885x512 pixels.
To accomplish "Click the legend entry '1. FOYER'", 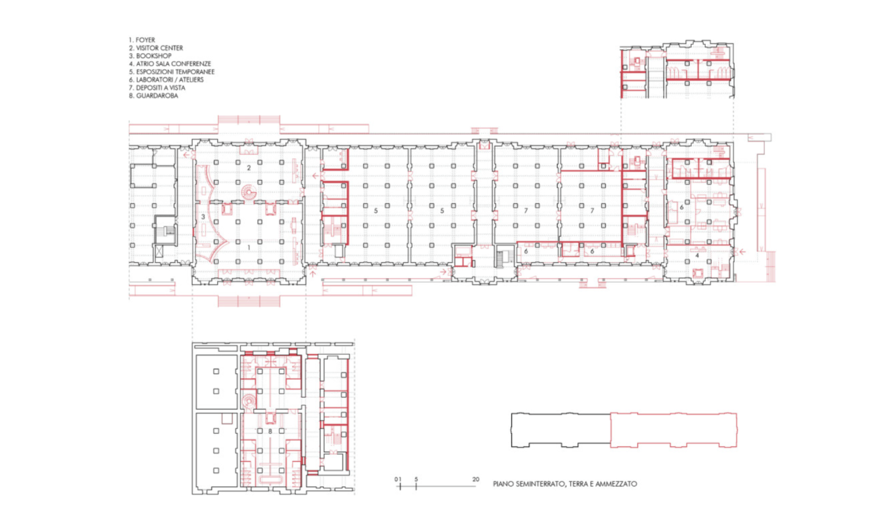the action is click(142, 40).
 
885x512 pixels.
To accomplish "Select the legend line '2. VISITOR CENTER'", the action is click(156, 48).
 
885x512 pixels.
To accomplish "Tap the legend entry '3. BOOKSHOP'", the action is click(150, 56).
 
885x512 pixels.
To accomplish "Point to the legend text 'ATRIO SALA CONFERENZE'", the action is click(174, 64).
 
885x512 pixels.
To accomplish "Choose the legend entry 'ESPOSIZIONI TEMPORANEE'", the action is click(176, 72).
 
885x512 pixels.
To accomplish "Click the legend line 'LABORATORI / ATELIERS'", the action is click(170, 80).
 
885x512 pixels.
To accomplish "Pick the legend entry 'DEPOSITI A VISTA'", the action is click(161, 88).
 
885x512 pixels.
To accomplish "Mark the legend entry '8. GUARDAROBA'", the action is click(154, 95).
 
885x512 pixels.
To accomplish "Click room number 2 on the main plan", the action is click(249, 168).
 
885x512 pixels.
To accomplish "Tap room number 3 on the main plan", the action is click(203, 217).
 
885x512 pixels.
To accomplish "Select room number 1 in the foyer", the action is click(249, 248).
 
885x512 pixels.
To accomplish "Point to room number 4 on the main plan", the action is click(697, 256).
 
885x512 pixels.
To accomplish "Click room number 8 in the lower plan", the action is click(270, 431).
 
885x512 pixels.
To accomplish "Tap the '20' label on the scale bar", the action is click(476, 479).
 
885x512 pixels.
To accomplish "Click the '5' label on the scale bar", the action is click(416, 479).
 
